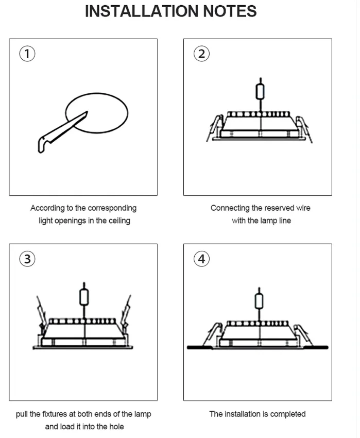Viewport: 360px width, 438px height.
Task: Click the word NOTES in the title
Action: pyautogui.click(x=230, y=11)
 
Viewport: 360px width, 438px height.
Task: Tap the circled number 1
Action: pyautogui.click(x=26, y=54)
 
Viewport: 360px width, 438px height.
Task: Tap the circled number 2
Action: pyautogui.click(x=201, y=54)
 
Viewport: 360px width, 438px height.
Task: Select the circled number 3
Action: pyautogui.click(x=27, y=259)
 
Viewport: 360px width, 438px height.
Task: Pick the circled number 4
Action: pyautogui.click(x=201, y=259)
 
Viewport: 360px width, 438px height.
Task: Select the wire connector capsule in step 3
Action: pyautogui.click(x=83, y=296)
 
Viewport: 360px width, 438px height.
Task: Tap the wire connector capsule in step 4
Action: pyautogui.click(x=258, y=300)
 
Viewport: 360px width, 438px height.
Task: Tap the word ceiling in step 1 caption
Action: pyautogui.click(x=118, y=221)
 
